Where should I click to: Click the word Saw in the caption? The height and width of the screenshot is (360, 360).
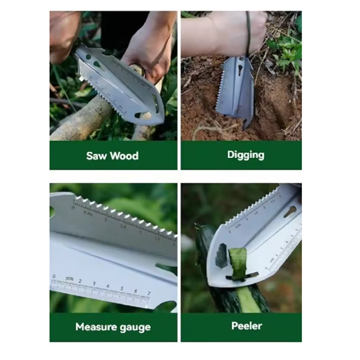click(97, 156)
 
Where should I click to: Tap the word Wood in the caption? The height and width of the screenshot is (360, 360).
click(124, 156)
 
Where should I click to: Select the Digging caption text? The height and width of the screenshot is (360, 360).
click(246, 155)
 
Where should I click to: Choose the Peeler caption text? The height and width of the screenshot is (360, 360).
click(247, 326)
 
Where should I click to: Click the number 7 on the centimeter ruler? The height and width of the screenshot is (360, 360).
click(149, 294)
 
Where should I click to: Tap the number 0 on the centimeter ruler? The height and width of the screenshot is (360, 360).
click(54, 277)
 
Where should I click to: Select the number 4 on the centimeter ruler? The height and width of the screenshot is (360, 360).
click(108, 286)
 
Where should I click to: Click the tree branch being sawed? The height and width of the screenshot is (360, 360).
click(83, 121)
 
